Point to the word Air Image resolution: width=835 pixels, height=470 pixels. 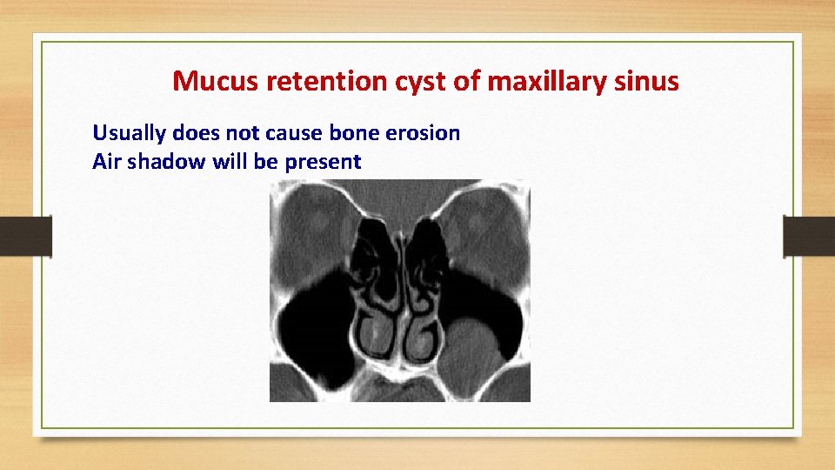click(x=106, y=161)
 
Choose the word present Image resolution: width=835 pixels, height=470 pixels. click(x=322, y=161)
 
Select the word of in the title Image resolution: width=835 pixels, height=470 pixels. click(x=460, y=81)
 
